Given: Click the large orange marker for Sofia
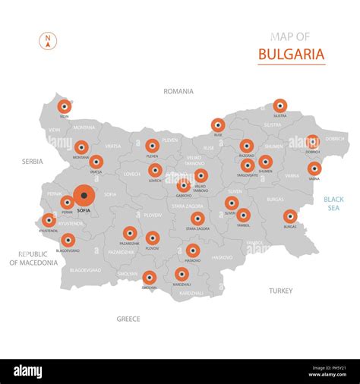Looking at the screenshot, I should click(x=84, y=195).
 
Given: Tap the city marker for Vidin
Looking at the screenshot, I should click(x=65, y=107).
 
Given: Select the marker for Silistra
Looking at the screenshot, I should click(x=280, y=105).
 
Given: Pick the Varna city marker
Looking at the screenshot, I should click(x=314, y=168).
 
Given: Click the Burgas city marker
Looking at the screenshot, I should click(x=290, y=216).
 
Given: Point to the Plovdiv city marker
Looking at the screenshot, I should click(x=153, y=238).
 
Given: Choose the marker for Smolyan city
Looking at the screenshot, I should click(x=150, y=278).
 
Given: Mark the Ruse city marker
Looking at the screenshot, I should click(x=218, y=124).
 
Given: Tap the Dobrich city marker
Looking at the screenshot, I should click(x=312, y=141).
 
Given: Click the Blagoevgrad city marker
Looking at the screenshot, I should click(x=68, y=240).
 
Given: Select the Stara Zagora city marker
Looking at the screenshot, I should click(x=197, y=219).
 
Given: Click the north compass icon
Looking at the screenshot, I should click(x=48, y=42).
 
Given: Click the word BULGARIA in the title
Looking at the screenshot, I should click(x=292, y=54).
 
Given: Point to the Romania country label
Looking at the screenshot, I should click(x=178, y=91).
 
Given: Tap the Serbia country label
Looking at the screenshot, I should click(x=33, y=162).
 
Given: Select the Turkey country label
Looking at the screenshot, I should click(x=280, y=291).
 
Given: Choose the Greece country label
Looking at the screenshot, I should click(x=128, y=319).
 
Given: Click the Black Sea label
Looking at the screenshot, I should click(x=333, y=203).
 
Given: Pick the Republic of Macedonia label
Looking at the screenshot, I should click(x=33, y=258).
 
